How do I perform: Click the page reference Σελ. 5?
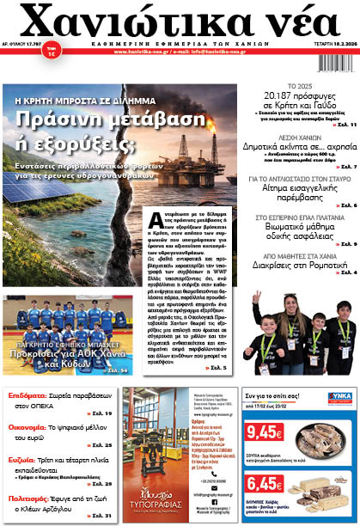(x=218, y=368)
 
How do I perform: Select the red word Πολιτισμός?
(x=28, y=497)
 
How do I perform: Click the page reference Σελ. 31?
(x=101, y=516)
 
